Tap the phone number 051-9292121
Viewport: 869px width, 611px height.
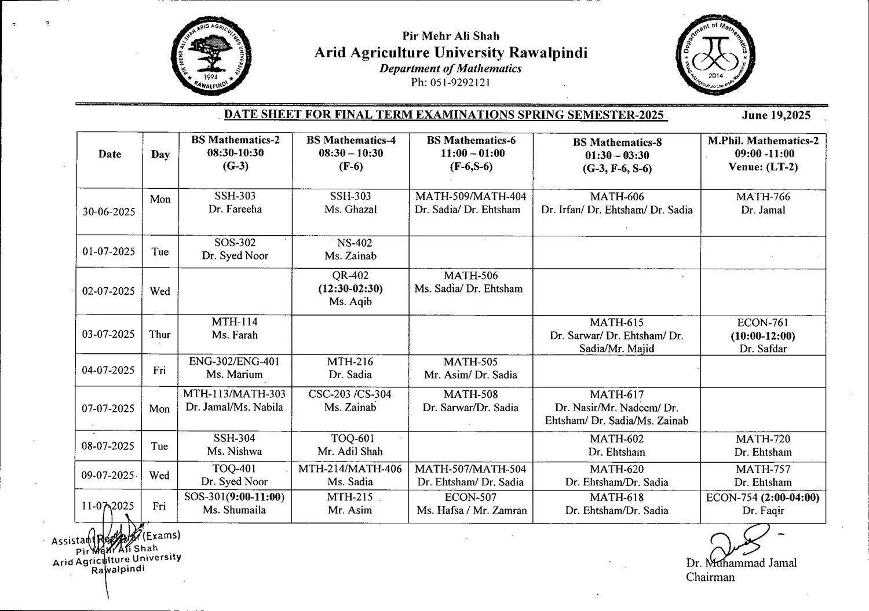[450, 82]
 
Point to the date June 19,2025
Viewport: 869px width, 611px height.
[776, 115]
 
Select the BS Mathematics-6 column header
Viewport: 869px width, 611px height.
[471, 153]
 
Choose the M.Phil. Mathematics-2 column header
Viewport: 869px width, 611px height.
[762, 153]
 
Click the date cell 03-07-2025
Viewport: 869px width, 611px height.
[108, 334]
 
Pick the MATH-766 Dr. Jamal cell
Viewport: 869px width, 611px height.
[762, 203]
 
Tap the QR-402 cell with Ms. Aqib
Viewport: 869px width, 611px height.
[350, 288]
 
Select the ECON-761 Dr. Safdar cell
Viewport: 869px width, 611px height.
[762, 335]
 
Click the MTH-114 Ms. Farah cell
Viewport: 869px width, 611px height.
[235, 328]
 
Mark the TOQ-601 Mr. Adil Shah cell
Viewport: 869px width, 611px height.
[350, 445]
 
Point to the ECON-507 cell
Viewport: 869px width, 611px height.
[471, 504]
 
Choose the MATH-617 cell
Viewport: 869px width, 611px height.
[616, 408]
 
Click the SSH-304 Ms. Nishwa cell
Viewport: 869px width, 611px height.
[235, 445]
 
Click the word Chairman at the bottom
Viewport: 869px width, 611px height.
[710, 577]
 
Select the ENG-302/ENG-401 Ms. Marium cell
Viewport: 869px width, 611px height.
[235, 368]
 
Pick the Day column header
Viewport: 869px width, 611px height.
[160, 154]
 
